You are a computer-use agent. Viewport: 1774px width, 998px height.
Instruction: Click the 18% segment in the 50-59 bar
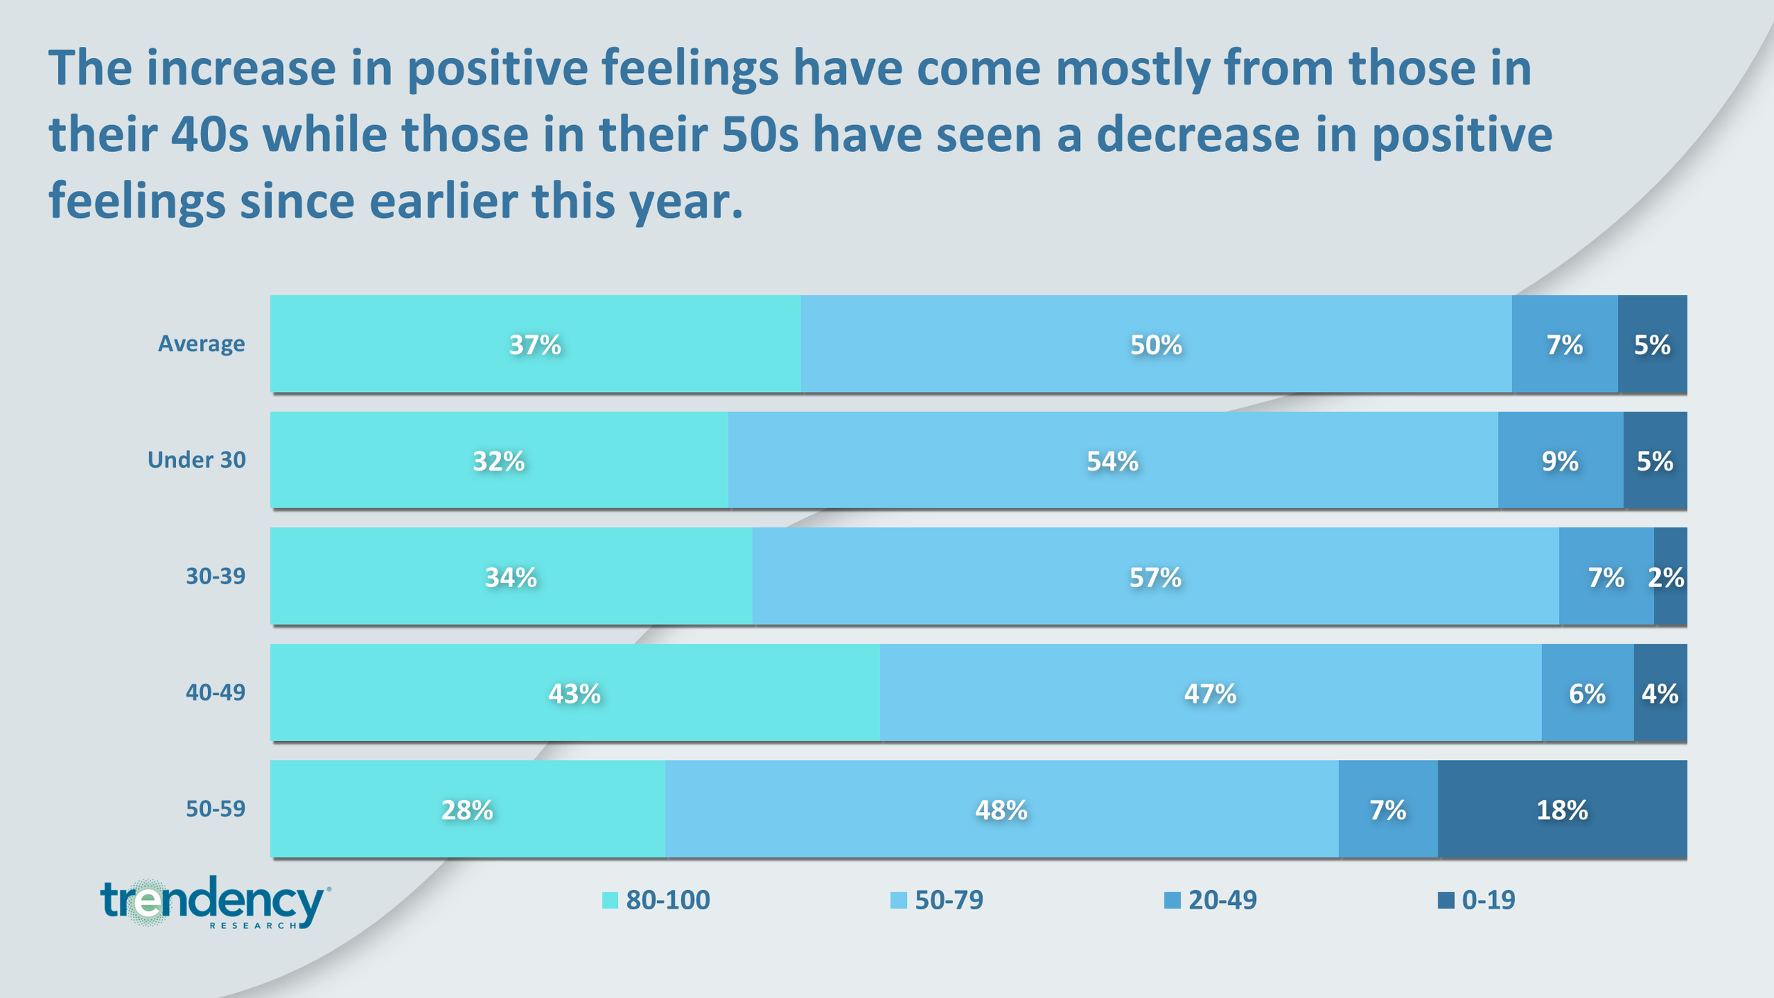click(1563, 808)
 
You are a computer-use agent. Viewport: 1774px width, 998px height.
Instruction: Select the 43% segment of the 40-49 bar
click(575, 692)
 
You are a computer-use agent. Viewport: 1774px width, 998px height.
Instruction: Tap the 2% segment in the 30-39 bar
click(1670, 576)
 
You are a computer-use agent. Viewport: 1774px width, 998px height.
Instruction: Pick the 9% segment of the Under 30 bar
click(1560, 460)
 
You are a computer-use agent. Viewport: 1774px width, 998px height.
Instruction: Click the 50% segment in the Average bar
click(1157, 344)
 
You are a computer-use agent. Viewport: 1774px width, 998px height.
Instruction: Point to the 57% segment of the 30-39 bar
click(1156, 576)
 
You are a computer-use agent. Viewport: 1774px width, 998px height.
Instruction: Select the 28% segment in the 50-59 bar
click(468, 808)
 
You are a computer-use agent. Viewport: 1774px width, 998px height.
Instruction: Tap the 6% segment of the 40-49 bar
click(1588, 692)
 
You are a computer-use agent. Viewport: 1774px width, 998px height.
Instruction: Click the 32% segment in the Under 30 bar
click(500, 460)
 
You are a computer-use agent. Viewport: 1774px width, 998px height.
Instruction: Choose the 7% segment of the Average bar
click(1565, 344)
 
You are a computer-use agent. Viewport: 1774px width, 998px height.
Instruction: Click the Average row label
click(202, 344)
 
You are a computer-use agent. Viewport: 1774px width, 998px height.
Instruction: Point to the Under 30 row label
click(197, 460)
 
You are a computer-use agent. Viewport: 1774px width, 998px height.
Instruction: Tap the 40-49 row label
click(216, 692)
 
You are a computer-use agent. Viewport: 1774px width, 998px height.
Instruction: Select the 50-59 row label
click(216, 808)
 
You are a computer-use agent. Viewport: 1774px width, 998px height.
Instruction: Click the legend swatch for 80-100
click(610, 901)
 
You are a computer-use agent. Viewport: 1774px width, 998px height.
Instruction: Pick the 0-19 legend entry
click(1477, 900)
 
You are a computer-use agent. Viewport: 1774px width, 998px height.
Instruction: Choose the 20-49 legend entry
click(1211, 900)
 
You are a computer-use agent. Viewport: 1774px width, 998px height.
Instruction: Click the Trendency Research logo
click(215, 902)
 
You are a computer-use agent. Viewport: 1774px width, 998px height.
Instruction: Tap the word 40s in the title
click(209, 135)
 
